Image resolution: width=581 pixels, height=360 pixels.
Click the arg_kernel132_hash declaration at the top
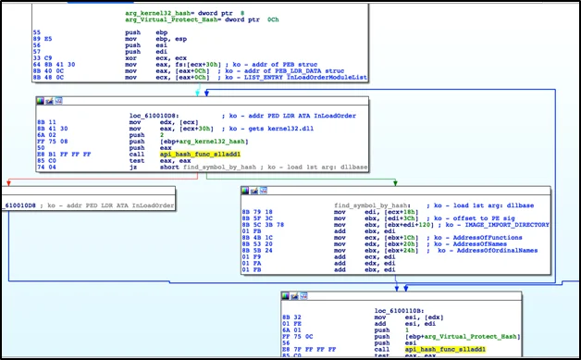(179, 14)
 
